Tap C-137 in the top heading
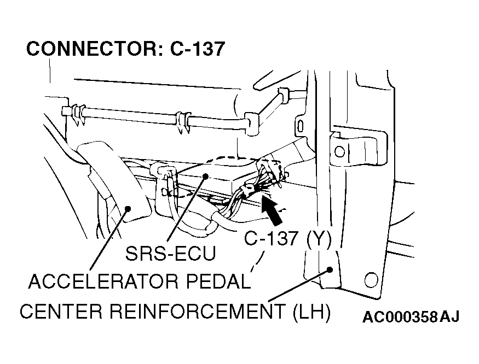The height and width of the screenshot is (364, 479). [x=197, y=49]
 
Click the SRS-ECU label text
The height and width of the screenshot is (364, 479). [x=170, y=253]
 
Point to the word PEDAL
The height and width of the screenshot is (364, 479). [x=218, y=281]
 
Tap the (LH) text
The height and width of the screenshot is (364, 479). [x=311, y=312]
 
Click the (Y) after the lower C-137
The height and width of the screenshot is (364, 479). [x=319, y=238]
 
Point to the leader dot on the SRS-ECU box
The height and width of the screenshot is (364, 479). [x=206, y=176]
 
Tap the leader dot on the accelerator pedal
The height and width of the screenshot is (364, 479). [x=128, y=208]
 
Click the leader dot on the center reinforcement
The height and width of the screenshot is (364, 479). [x=330, y=269]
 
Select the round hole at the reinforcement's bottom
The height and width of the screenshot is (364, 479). [x=371, y=280]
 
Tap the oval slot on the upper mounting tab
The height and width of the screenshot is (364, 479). [x=301, y=126]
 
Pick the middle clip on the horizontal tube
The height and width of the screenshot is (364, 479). [x=183, y=122]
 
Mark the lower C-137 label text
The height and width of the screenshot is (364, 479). [x=271, y=238]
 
